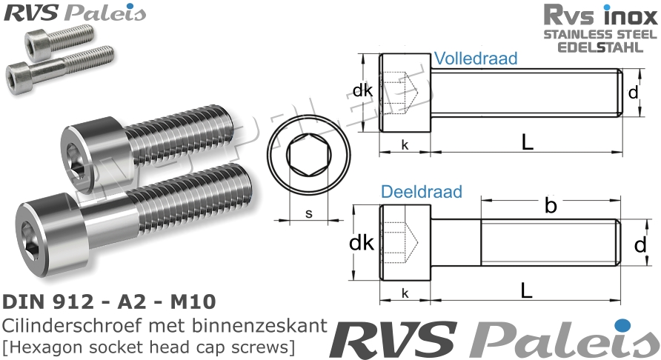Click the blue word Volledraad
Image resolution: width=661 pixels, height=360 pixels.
tap(476, 59)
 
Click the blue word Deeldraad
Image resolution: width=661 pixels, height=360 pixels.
tap(422, 192)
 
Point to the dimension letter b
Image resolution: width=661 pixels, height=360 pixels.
tap(550, 207)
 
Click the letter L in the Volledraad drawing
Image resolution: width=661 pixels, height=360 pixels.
tap(527, 144)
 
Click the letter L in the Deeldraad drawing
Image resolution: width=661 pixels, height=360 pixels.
tap(527, 292)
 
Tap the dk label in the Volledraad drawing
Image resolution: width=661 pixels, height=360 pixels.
tap(362, 92)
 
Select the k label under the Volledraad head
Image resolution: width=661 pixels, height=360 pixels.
tap(405, 144)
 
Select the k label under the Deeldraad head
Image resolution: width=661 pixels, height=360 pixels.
tap(405, 293)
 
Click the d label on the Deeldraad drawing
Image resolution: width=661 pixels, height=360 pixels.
tap(640, 245)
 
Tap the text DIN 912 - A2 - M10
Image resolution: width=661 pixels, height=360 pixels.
tap(110, 301)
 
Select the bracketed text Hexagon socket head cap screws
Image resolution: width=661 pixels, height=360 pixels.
tap(148, 345)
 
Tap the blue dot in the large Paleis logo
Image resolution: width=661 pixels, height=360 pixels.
tap(622, 324)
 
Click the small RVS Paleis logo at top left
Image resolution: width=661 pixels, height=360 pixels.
tap(73, 12)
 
